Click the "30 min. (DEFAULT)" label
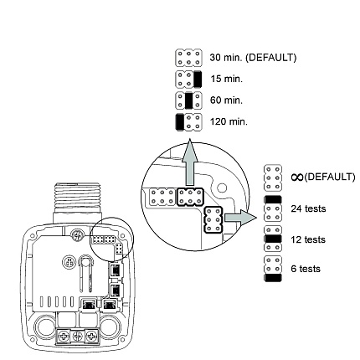tap(253, 58)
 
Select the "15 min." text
tap(227, 79)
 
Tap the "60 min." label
tap(226, 100)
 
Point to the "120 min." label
tap(229, 121)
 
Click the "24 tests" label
tap(308, 208)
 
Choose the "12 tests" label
tap(308, 239)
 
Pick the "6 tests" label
tap(306, 269)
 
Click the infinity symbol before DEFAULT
tap(297, 177)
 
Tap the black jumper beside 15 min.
tap(198, 79)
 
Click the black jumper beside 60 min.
tap(189, 100)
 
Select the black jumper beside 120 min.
tap(180, 122)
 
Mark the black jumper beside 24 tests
tap(273, 200)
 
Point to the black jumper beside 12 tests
tap(273, 239)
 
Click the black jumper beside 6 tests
tap(273, 278)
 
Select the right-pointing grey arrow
tap(240, 218)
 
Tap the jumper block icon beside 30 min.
tap(188, 58)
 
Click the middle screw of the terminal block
tap(78, 337)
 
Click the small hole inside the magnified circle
tap(222, 188)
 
